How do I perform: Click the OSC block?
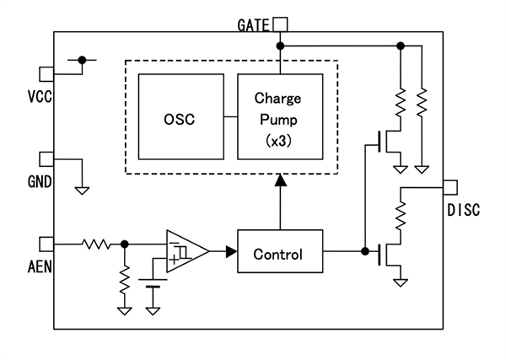point(180,116)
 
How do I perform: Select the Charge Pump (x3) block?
point(279,116)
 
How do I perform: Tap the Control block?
point(278,251)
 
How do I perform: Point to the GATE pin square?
point(280,24)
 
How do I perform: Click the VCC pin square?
point(47,73)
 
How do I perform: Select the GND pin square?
point(47,159)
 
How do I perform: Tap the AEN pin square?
point(47,244)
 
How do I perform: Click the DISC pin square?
point(449,185)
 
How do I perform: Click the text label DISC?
point(462,210)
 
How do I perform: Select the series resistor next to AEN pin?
point(95,244)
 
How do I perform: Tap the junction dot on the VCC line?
point(82,60)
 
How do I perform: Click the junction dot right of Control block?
point(364,251)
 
